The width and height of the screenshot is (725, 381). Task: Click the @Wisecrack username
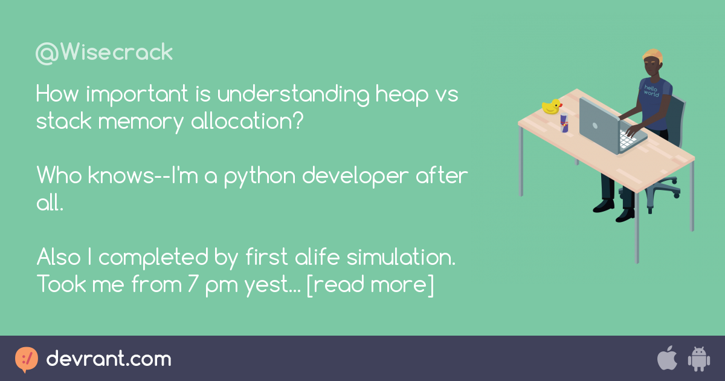[x=104, y=53]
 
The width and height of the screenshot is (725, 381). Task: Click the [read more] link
[x=370, y=284]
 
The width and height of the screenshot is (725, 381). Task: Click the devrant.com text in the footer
[x=109, y=359]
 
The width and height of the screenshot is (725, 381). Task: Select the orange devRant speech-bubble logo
[x=26, y=359]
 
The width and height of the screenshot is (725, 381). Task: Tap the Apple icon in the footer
[x=666, y=359]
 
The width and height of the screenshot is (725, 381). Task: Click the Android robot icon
[x=698, y=359]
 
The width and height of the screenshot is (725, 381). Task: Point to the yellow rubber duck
[x=551, y=107]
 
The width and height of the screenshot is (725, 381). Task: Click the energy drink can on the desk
[x=564, y=122]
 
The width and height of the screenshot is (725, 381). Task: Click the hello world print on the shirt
[x=651, y=90]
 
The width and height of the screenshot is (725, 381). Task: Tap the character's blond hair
[x=652, y=55]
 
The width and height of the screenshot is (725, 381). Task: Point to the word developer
[x=355, y=176]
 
